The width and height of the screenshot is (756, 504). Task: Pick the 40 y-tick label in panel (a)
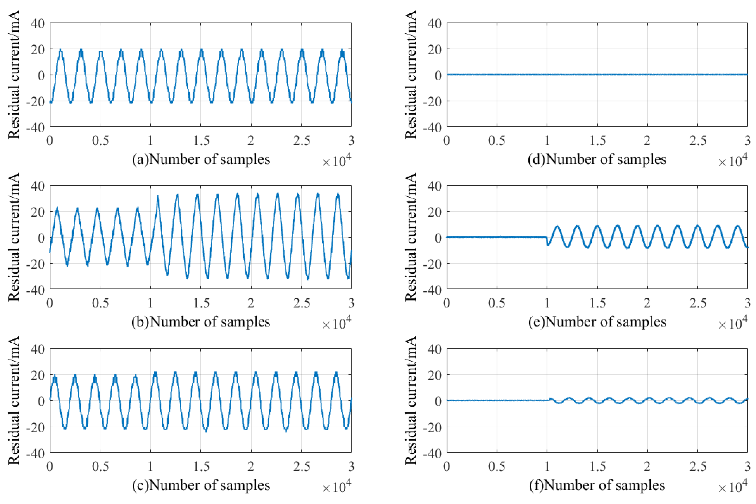point(38,23)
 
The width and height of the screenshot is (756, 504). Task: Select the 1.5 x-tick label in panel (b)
point(201,303)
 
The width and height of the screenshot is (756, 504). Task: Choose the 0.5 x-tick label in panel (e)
point(497,303)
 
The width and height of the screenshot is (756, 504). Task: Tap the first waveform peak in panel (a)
point(60,50)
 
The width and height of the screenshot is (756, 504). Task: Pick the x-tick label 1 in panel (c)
point(150,466)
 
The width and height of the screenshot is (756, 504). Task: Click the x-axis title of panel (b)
point(201,322)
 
